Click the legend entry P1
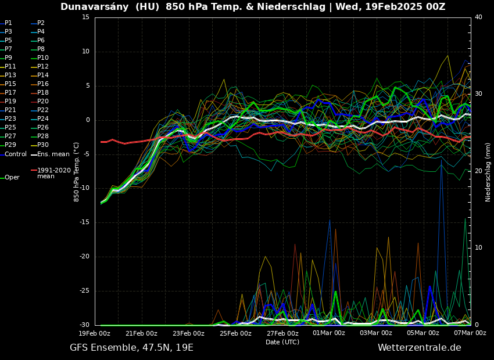(8, 23)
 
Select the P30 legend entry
(43, 145)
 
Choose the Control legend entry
(16, 154)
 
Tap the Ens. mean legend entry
(53, 154)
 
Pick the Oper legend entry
(12, 178)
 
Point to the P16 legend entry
(43, 84)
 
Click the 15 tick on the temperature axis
(85, 17)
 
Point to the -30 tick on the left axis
(84, 325)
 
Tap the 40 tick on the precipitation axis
(478, 17)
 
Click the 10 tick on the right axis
(478, 248)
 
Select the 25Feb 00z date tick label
(235, 333)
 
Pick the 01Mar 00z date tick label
(329, 333)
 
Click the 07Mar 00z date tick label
(470, 333)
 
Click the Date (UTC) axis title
(282, 342)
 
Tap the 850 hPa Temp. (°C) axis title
(77, 171)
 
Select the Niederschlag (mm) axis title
(488, 172)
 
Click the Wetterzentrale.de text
(419, 348)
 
